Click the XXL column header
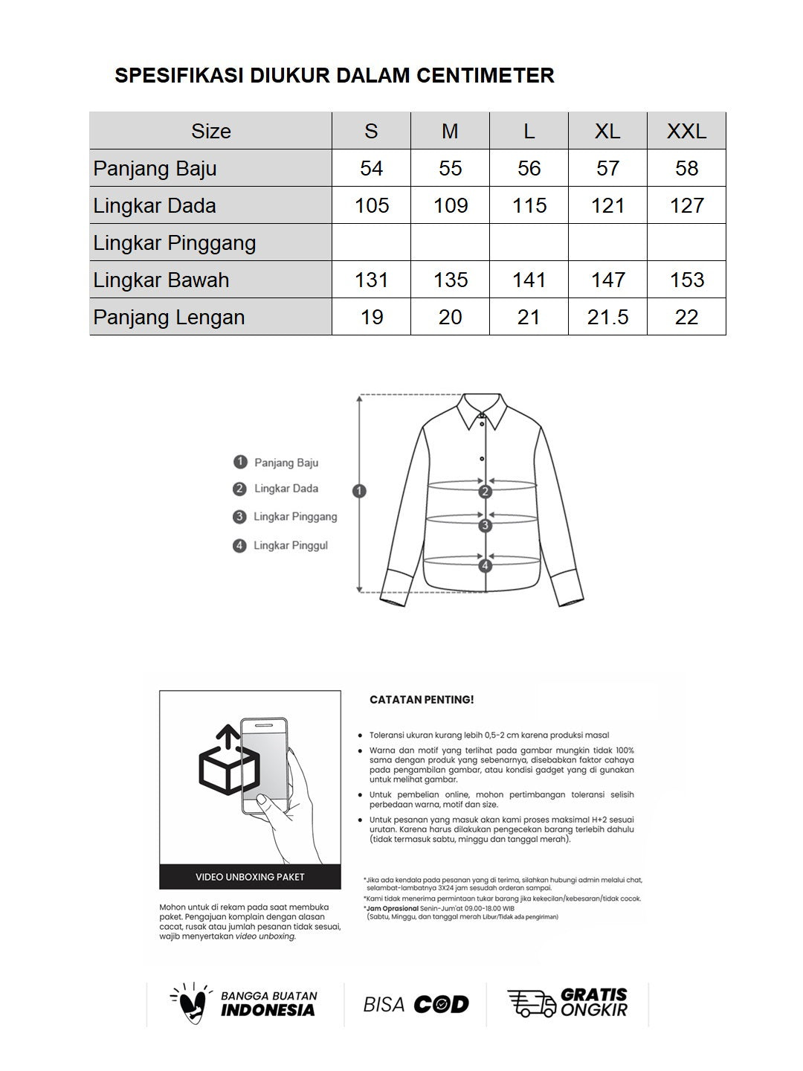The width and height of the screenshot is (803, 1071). (x=686, y=132)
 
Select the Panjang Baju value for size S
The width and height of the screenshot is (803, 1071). (x=371, y=169)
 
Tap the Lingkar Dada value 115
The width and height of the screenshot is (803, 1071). (x=529, y=206)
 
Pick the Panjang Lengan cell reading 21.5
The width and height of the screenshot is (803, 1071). (x=607, y=318)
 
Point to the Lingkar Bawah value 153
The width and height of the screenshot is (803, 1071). (x=686, y=280)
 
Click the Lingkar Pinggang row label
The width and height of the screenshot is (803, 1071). (x=175, y=243)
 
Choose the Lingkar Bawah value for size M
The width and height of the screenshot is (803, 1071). (x=450, y=280)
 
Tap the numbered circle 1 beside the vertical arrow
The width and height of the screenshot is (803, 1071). (x=360, y=491)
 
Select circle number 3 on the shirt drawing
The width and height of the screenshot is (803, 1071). (x=486, y=526)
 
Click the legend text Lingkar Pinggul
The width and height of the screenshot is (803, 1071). (x=290, y=546)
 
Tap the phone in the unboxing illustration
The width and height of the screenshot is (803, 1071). (x=263, y=766)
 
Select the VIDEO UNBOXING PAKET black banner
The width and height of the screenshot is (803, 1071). (x=250, y=877)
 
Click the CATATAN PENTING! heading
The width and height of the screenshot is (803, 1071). (x=422, y=700)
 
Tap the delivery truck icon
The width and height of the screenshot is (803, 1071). (x=531, y=1003)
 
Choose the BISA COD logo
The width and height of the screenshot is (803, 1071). (x=416, y=1005)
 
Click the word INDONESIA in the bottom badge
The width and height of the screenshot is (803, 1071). (x=268, y=1010)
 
